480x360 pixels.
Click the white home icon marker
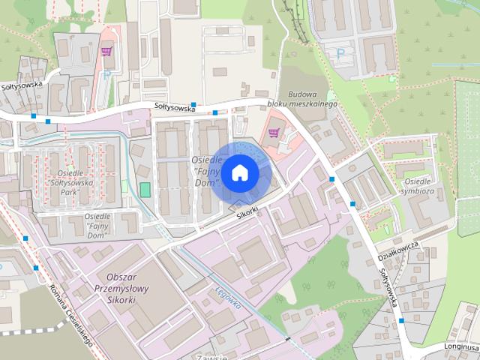click(239, 173)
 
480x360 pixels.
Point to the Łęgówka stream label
click(227, 300)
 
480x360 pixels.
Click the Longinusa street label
click(460, 347)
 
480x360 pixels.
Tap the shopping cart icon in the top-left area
click(107, 52)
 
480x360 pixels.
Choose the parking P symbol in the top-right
click(341, 53)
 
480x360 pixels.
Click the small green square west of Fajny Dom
click(145, 190)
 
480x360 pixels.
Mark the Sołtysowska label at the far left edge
click(22, 85)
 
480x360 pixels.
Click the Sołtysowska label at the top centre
click(169, 108)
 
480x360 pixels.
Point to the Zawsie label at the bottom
click(211, 356)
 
